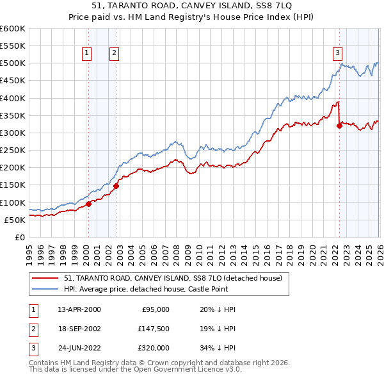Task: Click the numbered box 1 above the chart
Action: [86, 53]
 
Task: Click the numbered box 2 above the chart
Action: [114, 53]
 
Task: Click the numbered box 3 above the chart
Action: [337, 53]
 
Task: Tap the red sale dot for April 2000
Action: [88, 204]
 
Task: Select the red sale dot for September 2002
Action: [116, 186]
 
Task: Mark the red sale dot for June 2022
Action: [340, 126]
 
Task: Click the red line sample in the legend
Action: [45, 278]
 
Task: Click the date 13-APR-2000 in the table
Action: [79, 309]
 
